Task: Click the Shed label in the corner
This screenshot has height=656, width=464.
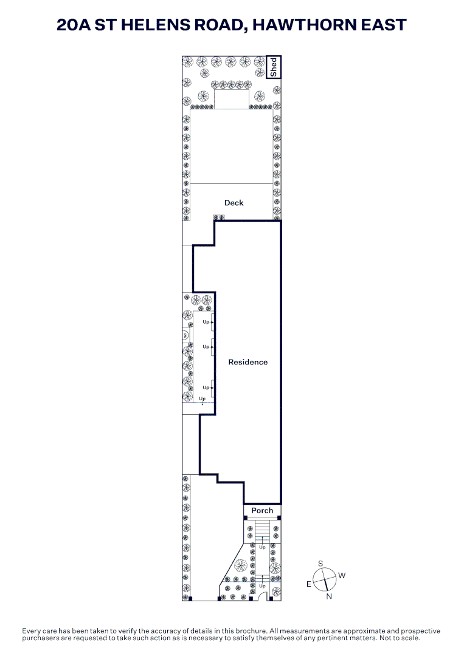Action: coord(274,67)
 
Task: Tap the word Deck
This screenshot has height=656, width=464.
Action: coord(234,203)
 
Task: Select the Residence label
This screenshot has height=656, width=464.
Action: coord(248,362)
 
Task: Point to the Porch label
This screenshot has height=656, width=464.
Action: coord(262,510)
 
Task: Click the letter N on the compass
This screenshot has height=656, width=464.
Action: coord(329,596)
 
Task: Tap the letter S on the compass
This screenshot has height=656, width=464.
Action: coord(320,564)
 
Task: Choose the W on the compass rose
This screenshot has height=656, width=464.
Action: coord(342,575)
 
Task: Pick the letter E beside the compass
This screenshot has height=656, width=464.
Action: coord(309,584)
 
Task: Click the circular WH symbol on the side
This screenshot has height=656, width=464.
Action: coord(185,335)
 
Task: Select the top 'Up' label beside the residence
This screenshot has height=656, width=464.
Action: coord(206,322)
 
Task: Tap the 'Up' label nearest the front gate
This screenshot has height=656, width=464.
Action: coord(262,586)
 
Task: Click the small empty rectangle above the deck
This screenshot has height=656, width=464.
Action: coord(232,99)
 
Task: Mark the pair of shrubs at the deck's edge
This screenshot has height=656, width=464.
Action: coord(218,217)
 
